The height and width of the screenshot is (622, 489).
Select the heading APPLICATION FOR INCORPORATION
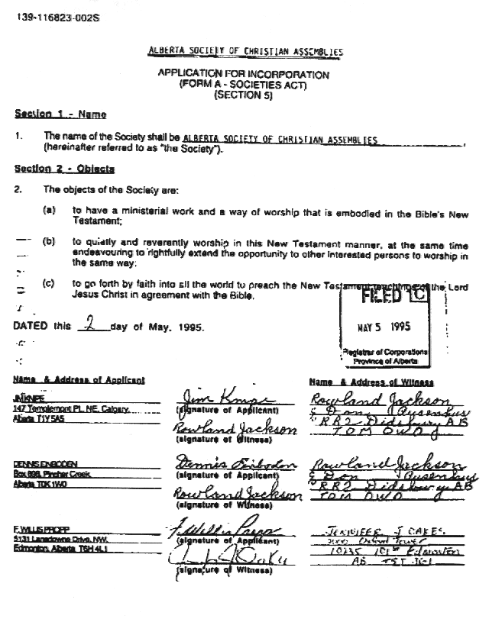243,76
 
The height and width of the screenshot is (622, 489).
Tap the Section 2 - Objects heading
64,169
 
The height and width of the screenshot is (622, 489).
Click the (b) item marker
49,241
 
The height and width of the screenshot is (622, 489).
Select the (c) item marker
49,283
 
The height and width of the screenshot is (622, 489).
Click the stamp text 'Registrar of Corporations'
385,353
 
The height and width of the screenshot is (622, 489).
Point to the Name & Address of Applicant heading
78,380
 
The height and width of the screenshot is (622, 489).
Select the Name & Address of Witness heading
371,382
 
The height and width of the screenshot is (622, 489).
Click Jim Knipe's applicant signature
222,399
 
